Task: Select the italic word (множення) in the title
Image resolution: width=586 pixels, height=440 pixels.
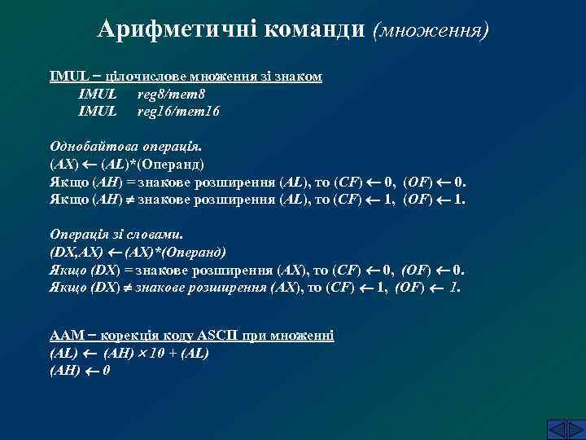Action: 431,31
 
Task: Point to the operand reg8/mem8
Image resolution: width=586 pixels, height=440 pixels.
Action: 170,94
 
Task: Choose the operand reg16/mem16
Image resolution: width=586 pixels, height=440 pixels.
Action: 178,110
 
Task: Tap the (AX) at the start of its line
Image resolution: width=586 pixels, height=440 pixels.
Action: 64,164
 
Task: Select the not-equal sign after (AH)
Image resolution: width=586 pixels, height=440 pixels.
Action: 128,199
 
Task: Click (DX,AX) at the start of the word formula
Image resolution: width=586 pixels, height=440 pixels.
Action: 77,252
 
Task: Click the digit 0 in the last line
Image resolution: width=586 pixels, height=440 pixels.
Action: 107,371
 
